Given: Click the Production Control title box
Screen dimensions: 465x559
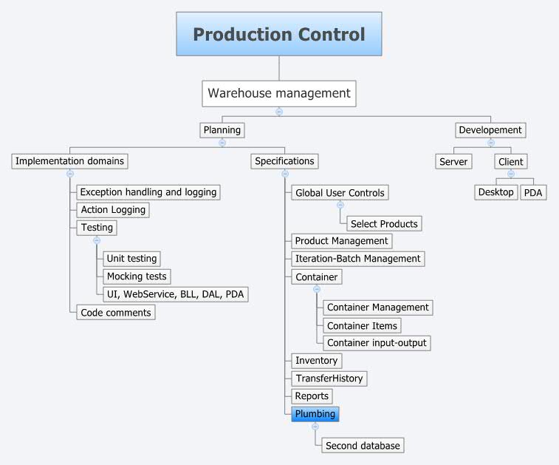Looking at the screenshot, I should (x=279, y=34).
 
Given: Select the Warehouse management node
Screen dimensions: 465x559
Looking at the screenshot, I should (x=279, y=93).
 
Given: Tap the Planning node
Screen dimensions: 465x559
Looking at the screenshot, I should (x=222, y=130).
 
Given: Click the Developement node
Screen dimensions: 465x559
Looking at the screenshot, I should (x=490, y=130).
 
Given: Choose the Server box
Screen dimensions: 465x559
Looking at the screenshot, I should (x=453, y=161).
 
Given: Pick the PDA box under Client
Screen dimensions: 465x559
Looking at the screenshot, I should (x=532, y=192).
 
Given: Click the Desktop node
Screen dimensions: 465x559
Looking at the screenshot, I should (x=495, y=192).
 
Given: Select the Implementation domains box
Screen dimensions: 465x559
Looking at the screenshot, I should (x=70, y=161).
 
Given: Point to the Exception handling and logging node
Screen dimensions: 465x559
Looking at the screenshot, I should (x=148, y=192).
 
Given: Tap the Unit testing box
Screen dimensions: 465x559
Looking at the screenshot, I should (x=131, y=259).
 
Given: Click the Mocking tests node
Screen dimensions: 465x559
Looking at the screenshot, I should (x=137, y=276).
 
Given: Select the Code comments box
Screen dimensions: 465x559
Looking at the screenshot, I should (x=116, y=313).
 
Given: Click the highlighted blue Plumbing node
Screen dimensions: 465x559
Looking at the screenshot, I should (x=315, y=414).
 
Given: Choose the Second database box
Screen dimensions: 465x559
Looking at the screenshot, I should (x=363, y=446).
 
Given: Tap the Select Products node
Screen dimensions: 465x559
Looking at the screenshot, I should (x=384, y=224).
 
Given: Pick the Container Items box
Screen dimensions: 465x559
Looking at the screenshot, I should (x=363, y=325).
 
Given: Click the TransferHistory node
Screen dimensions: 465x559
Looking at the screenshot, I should (x=329, y=379).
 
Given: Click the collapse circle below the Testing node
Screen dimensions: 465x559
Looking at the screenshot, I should (x=96, y=241).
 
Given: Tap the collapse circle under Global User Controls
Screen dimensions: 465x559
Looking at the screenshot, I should (x=340, y=206).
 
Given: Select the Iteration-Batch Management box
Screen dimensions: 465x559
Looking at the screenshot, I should (x=357, y=259).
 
